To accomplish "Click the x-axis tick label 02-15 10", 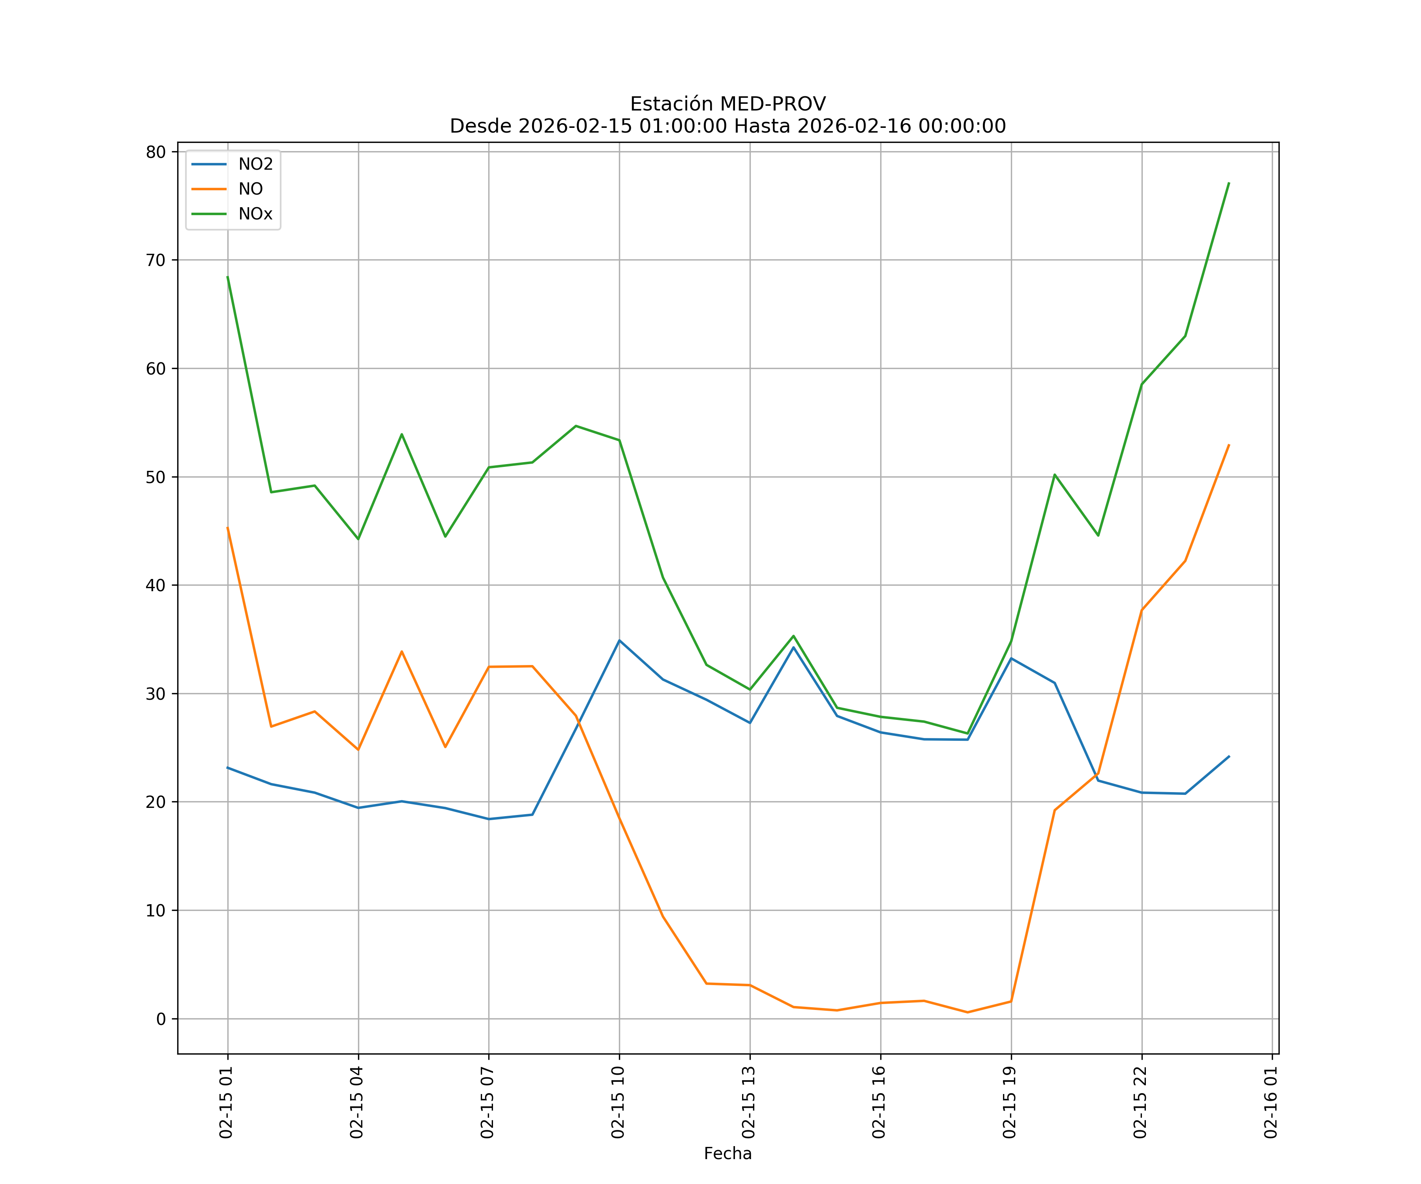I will coord(618,1102).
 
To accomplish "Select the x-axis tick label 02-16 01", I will coord(1271,1102).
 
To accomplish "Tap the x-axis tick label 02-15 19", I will coord(1010,1102).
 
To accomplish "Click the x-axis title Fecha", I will coord(727,1154).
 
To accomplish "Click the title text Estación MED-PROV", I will coord(727,104).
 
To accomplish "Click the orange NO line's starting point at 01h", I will coord(227,528).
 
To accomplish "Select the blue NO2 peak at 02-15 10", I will coord(619,640).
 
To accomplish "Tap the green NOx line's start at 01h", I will coord(227,276).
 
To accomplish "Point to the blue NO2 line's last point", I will coord(1229,757).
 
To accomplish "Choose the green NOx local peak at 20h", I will coord(1054,474).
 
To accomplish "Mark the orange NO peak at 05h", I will coord(401,652).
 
